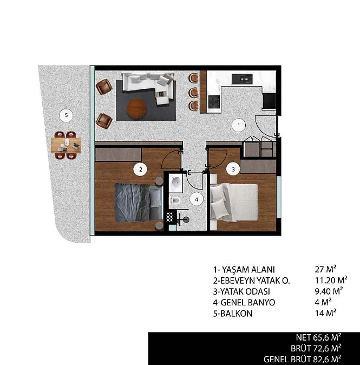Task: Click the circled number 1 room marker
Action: (x=239, y=126)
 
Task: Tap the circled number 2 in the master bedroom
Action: (x=140, y=170)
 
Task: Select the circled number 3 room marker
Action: (x=233, y=169)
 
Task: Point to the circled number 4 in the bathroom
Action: (x=197, y=199)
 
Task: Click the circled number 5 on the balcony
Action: (x=67, y=115)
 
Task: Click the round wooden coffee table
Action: (x=136, y=108)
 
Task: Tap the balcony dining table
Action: (x=66, y=145)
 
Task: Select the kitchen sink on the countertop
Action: (x=242, y=79)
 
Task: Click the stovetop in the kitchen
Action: (x=214, y=102)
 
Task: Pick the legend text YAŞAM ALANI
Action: (x=248, y=270)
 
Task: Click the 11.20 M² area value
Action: (x=331, y=280)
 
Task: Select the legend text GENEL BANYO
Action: (x=247, y=302)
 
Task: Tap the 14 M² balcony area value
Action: (x=325, y=313)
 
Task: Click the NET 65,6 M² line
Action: (x=318, y=337)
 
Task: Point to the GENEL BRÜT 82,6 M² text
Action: (x=302, y=359)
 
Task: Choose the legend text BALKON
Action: (x=236, y=314)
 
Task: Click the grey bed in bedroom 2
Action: (x=139, y=203)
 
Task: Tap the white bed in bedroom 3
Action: (x=234, y=203)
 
